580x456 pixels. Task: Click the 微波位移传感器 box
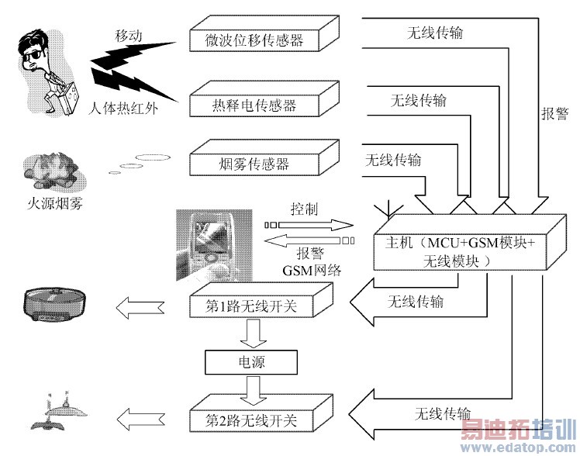click(x=264, y=33)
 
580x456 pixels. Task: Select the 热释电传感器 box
click(x=264, y=99)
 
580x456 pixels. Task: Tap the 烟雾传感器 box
click(x=264, y=157)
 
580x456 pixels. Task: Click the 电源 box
click(x=251, y=362)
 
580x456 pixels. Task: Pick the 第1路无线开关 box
click(x=261, y=300)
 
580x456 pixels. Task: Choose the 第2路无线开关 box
click(x=261, y=413)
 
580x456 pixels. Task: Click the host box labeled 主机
click(x=470, y=242)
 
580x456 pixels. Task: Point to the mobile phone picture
click(x=214, y=245)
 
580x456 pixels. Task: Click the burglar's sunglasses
click(x=34, y=56)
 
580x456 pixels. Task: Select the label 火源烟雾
click(x=55, y=203)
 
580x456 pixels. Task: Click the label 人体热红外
click(x=123, y=109)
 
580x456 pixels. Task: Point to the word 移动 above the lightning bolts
click(x=129, y=36)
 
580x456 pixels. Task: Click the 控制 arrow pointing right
click(x=309, y=225)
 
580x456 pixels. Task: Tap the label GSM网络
click(x=312, y=271)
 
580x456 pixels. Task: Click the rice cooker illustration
click(x=55, y=305)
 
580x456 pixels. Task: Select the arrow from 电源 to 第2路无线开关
click(x=253, y=391)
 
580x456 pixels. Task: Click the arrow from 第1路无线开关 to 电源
click(x=253, y=333)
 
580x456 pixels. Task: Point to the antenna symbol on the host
click(x=387, y=209)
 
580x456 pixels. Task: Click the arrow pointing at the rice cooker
click(x=140, y=308)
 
